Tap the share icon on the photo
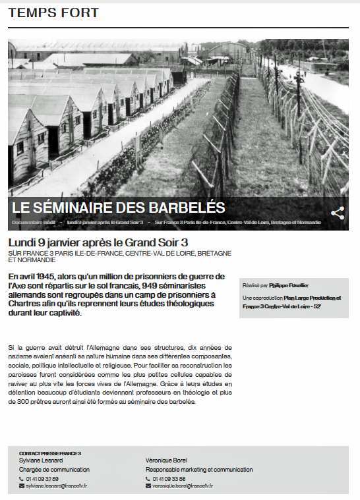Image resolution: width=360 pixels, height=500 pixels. (x=338, y=213)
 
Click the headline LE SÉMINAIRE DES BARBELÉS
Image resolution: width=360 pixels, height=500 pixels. (x=119, y=208)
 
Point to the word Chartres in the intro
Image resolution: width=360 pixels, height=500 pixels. (x=26, y=304)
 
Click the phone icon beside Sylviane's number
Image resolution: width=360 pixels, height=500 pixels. (x=21, y=478)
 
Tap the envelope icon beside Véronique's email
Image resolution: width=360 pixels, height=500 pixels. (x=148, y=486)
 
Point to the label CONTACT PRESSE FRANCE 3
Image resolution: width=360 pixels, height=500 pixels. (x=49, y=453)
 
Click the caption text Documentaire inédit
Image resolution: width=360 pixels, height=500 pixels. (x=33, y=223)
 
